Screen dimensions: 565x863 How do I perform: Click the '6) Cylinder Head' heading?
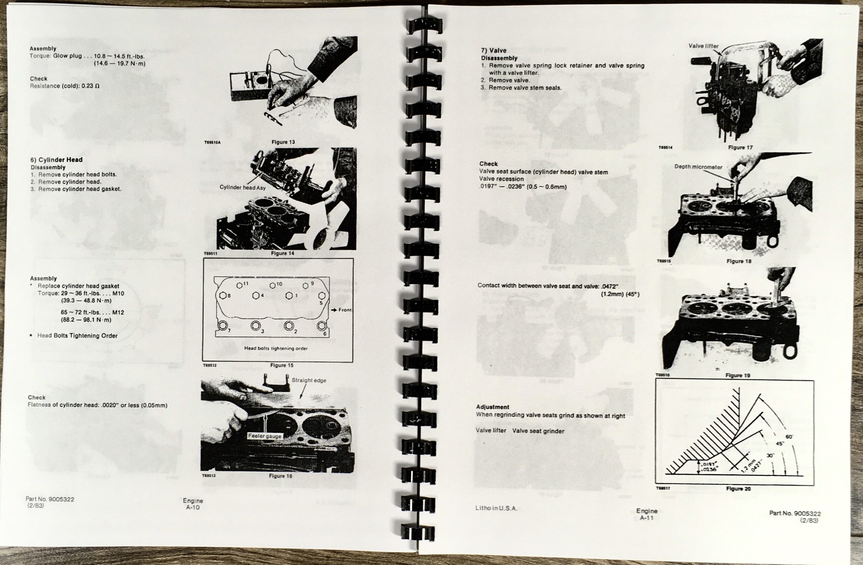pos(57,160)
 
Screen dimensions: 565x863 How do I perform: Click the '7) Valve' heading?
pos(494,51)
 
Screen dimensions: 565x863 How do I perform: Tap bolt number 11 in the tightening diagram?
pos(240,285)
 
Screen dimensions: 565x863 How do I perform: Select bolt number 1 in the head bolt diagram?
pos(289,296)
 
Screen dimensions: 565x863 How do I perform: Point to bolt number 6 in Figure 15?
pos(321,326)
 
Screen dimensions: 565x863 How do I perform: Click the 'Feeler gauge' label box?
pos(265,436)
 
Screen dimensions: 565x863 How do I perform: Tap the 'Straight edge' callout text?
pos(309,380)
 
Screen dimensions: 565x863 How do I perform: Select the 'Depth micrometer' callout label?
pos(698,167)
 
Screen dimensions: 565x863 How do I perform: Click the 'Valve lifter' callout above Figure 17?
pos(703,46)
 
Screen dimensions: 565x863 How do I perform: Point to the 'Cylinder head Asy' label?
pos(243,188)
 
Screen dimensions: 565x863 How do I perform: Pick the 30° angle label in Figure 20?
pos(770,455)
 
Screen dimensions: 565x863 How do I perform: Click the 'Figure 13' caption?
pos(283,142)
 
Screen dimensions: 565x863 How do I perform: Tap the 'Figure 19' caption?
pos(738,375)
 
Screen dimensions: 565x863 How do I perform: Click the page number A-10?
pos(193,507)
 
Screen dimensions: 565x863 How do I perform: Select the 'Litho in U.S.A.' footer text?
pos(496,508)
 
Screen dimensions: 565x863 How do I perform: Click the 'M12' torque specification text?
pos(118,312)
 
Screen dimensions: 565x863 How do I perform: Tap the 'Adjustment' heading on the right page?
pos(493,407)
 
